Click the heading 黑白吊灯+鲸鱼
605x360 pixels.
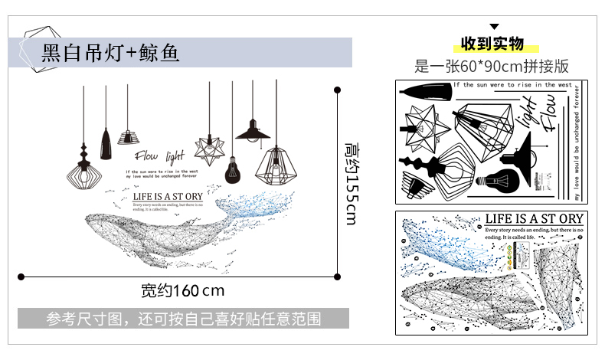click(111, 53)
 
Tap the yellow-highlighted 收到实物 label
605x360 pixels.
click(492, 43)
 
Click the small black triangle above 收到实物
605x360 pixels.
click(494, 26)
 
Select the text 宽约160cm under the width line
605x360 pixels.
click(182, 291)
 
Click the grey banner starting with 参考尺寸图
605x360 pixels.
click(183, 318)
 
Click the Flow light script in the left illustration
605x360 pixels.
click(160, 156)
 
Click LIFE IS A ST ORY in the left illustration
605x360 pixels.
click(168, 197)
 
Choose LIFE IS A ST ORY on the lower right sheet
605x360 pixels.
click(535, 219)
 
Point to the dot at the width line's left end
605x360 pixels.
click(21, 277)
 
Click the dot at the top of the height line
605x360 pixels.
click(336, 90)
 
